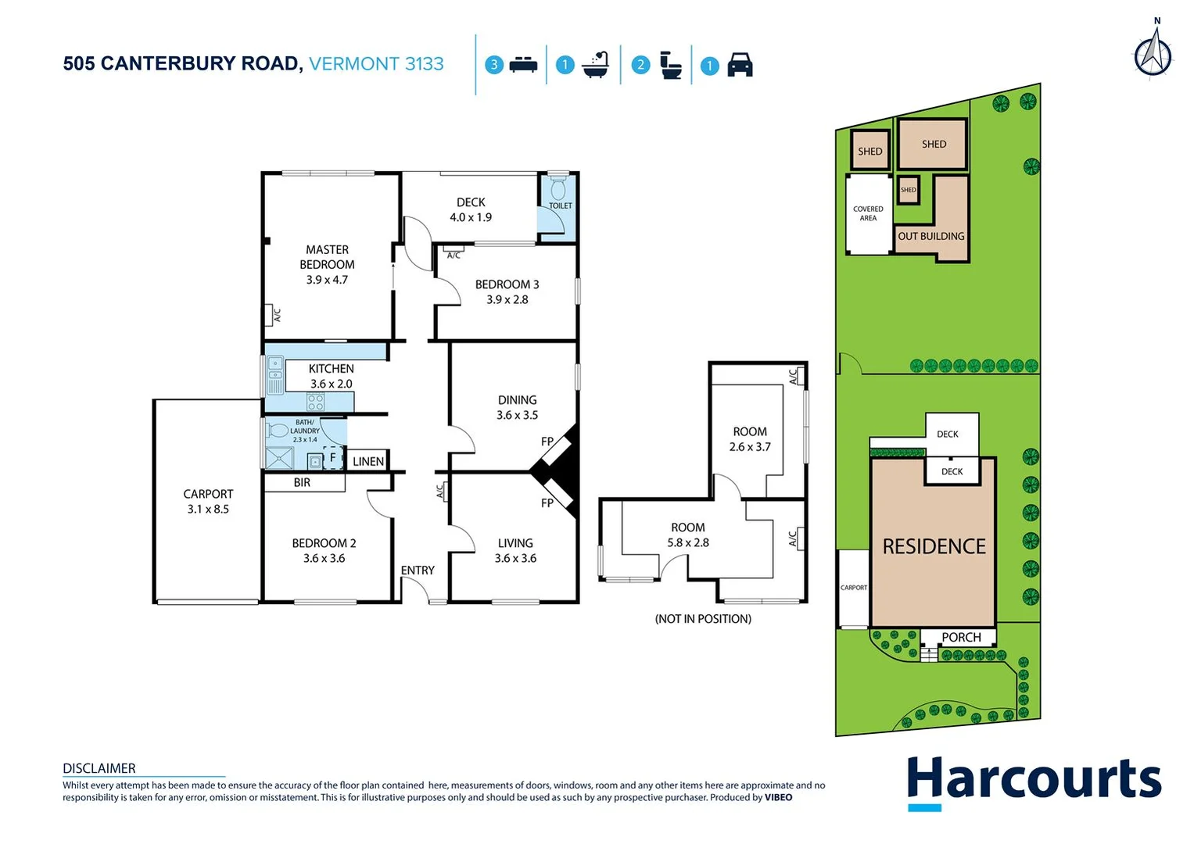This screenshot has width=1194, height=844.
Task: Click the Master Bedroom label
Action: click(x=327, y=257)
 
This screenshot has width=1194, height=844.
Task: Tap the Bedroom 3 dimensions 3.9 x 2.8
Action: click(x=507, y=299)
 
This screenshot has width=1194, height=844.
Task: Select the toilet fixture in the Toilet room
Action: click(x=558, y=190)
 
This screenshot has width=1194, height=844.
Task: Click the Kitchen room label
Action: click(x=331, y=369)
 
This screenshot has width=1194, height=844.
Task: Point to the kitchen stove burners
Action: click(x=315, y=402)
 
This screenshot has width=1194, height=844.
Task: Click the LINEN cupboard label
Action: click(x=368, y=462)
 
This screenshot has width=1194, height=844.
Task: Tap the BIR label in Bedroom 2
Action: click(x=302, y=483)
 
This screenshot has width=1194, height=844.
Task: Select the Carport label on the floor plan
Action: click(x=208, y=494)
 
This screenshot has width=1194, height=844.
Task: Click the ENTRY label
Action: click(x=418, y=570)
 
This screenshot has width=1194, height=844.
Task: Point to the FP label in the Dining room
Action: click(x=547, y=442)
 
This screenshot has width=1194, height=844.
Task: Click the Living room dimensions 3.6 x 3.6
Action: click(x=515, y=558)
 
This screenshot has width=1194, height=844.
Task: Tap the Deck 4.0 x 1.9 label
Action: click(x=471, y=210)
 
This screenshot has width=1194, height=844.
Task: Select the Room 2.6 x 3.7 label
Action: click(x=750, y=439)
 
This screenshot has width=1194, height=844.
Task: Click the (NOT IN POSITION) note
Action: click(x=703, y=619)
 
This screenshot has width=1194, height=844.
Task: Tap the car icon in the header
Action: click(x=740, y=65)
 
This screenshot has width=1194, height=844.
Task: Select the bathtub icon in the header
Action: click(x=596, y=65)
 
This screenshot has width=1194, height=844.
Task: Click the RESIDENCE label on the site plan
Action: click(x=934, y=546)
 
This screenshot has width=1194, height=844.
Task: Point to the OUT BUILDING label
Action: click(x=930, y=236)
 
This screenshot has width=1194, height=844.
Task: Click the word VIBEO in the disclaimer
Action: click(x=778, y=798)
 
